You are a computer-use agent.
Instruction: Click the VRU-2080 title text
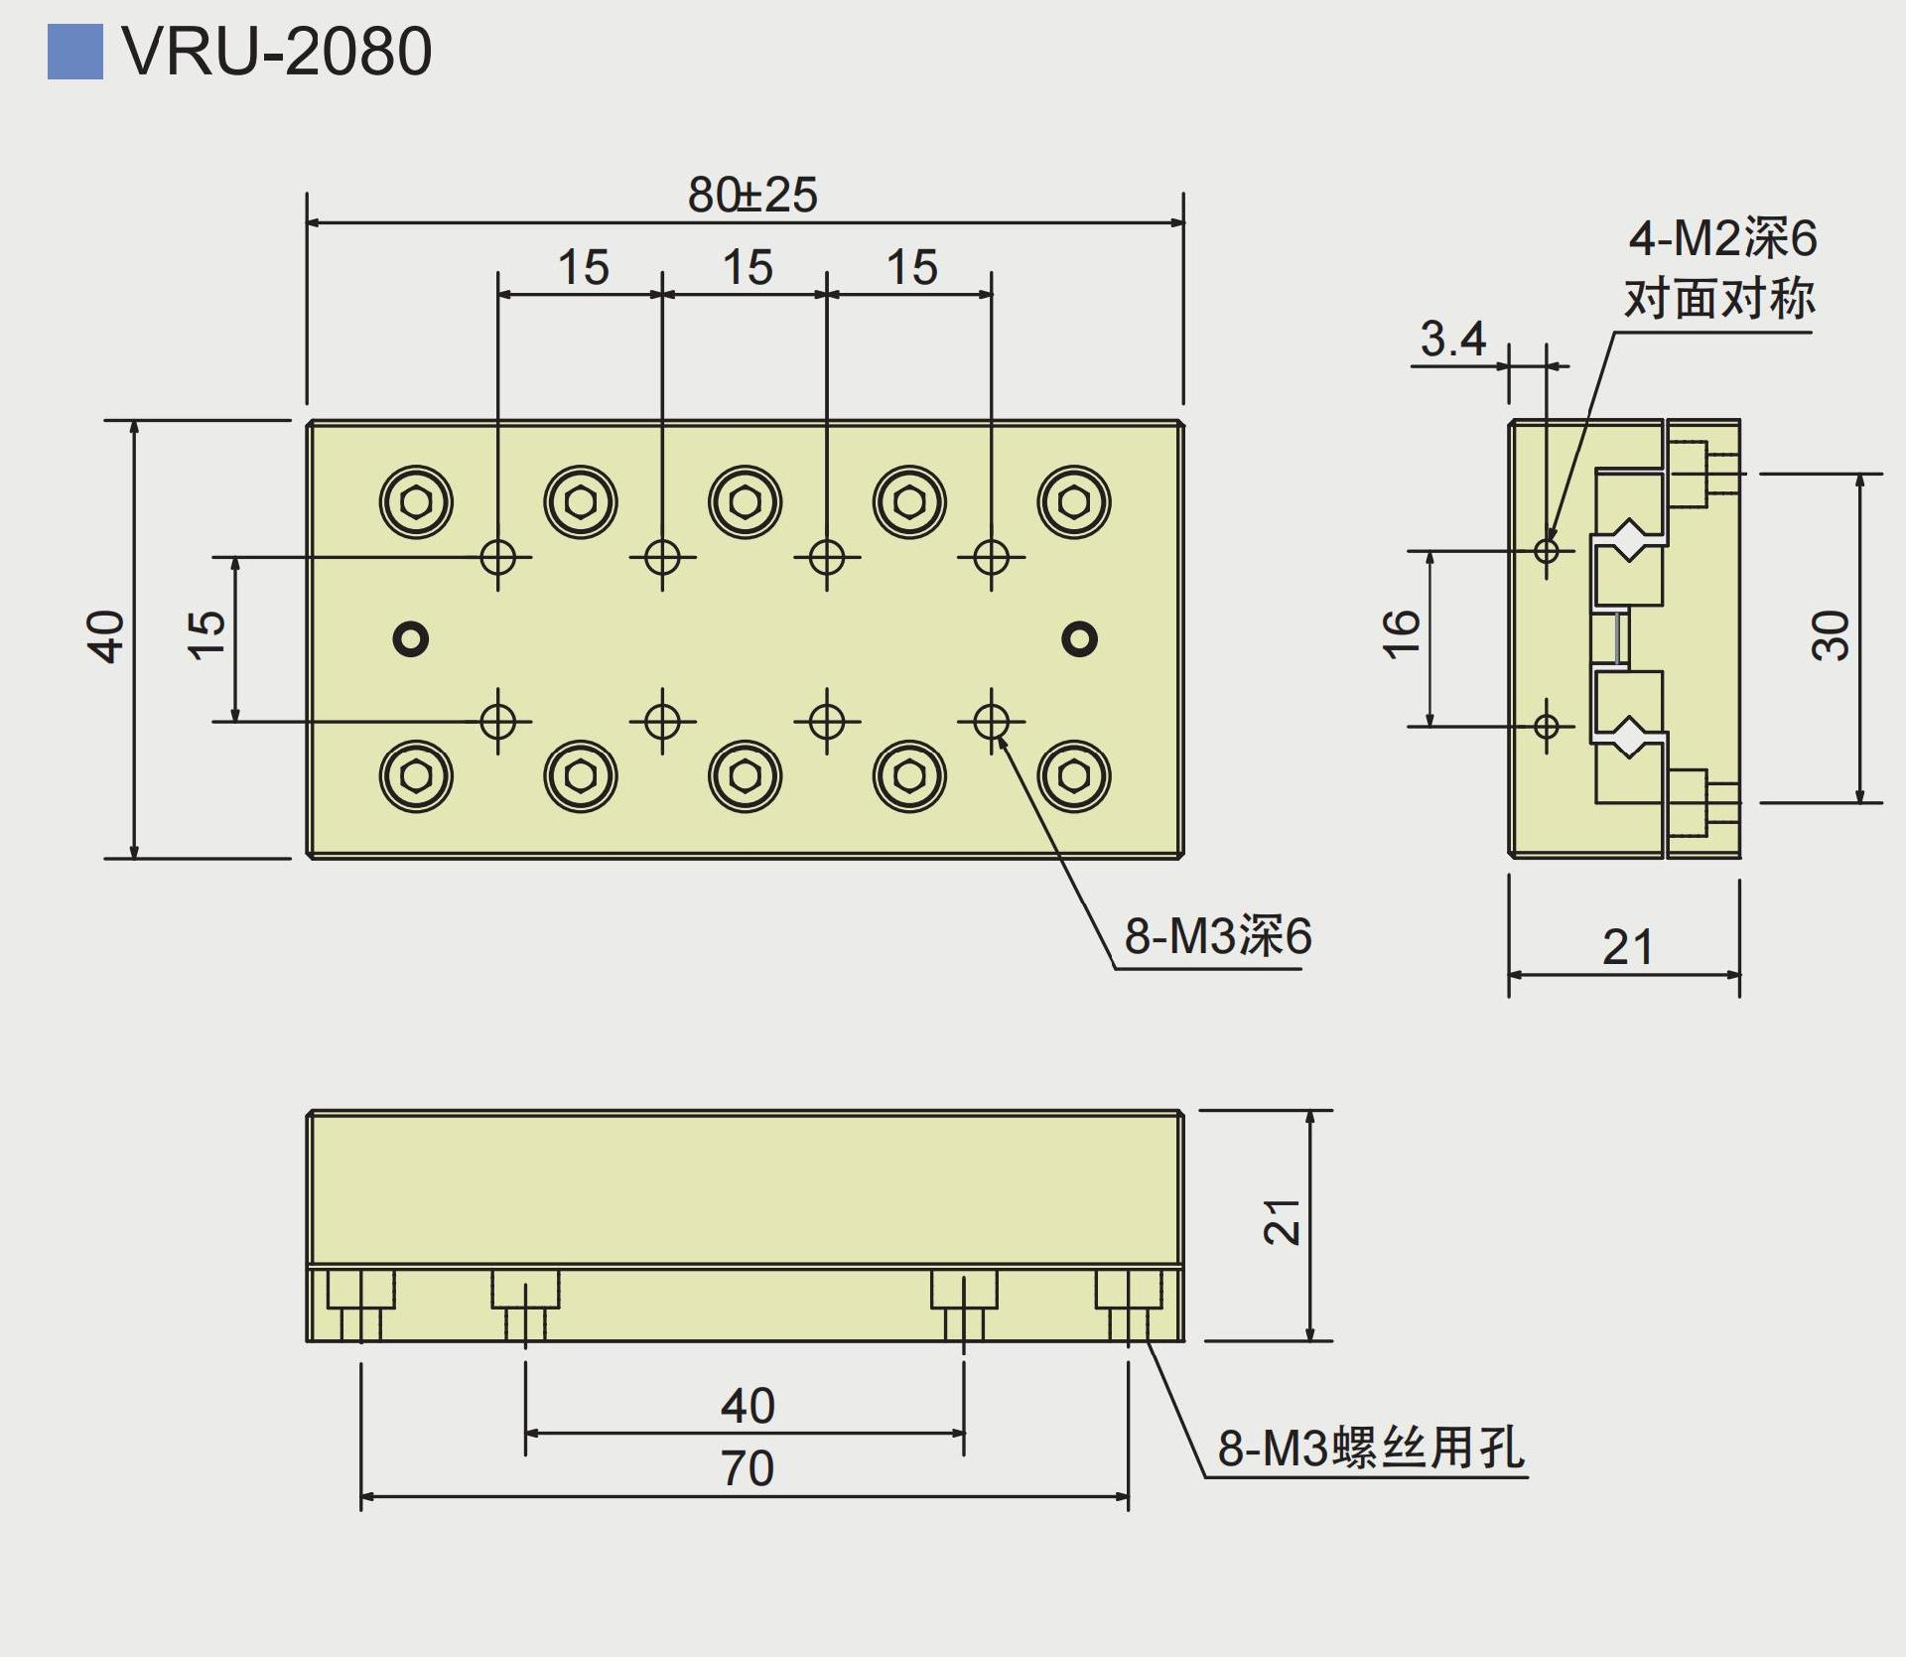tap(277, 52)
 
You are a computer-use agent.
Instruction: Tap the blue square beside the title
tap(74, 52)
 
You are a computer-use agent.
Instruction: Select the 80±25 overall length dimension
tap(752, 196)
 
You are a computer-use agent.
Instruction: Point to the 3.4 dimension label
tap(1452, 340)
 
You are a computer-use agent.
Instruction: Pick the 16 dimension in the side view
tap(1401, 634)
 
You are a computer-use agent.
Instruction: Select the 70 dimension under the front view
tap(747, 1468)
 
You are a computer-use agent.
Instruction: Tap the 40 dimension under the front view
tap(747, 1406)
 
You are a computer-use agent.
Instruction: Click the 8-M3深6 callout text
tap(1217, 936)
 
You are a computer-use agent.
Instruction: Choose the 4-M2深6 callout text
tap(1722, 239)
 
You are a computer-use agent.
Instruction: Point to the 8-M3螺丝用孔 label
tap(1371, 1448)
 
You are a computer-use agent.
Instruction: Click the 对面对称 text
tap(1719, 298)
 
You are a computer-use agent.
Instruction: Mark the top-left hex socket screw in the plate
tap(416, 502)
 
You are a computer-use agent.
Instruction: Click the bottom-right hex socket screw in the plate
tap(1073, 775)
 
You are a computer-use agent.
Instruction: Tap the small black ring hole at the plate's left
tap(411, 638)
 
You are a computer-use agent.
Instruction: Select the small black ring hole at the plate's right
tap(1079, 638)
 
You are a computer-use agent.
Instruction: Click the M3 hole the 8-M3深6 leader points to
tap(991, 722)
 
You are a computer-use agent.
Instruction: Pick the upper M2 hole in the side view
tap(1546, 549)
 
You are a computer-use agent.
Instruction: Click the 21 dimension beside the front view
tap(1282, 1222)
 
